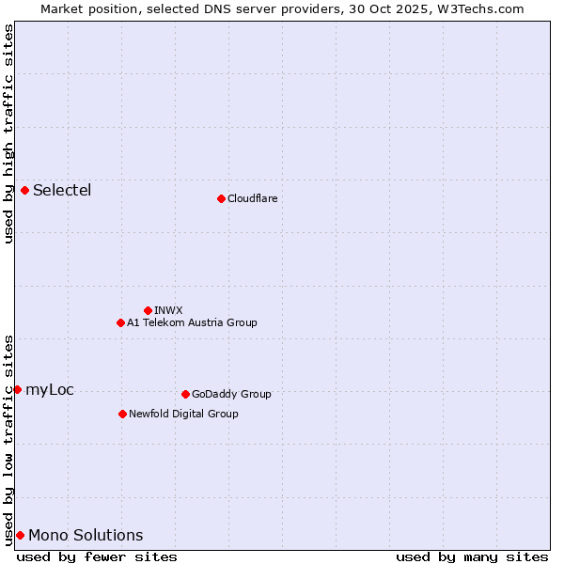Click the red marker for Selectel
25,190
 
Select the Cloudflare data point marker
221,198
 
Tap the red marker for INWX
148,310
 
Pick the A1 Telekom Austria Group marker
120,322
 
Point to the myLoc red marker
18,389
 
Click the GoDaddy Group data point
185,394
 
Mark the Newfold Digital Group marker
122,414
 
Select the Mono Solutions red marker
20,535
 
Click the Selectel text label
62,191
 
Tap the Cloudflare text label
252,198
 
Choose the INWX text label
168,310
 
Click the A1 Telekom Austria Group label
192,322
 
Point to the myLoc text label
50,390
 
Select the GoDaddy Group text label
231,394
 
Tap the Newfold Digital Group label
183,414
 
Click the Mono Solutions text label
86,536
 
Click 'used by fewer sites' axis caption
97,556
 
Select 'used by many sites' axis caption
472,556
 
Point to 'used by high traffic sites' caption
8,133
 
